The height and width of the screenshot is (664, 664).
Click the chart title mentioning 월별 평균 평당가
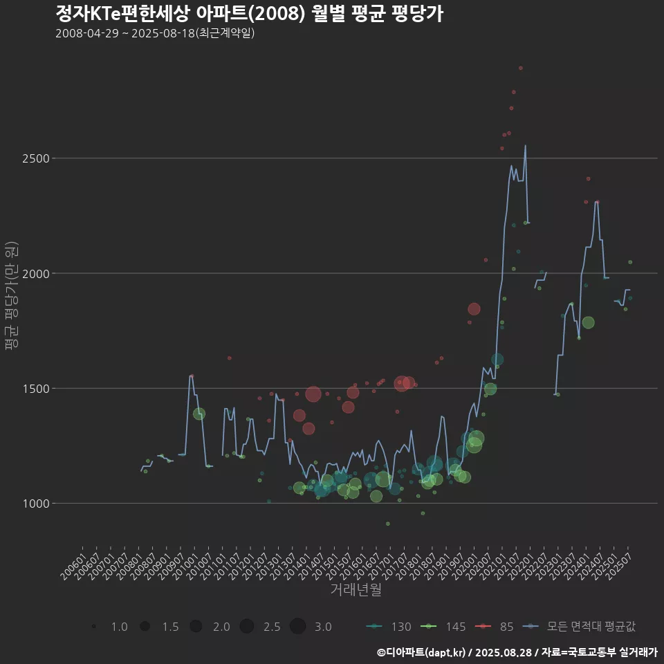(249, 13)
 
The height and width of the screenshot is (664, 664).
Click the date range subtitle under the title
(155, 33)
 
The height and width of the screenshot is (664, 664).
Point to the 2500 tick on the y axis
(35, 158)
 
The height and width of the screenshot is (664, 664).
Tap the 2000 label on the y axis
(35, 273)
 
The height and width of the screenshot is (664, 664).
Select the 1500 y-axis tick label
(35, 389)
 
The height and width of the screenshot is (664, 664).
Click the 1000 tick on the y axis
(35, 504)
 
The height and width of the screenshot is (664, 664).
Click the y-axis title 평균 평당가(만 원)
(11, 297)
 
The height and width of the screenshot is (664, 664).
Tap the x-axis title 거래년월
(356, 589)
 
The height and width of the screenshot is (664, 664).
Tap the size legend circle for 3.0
(298, 627)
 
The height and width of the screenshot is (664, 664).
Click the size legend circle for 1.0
(93, 627)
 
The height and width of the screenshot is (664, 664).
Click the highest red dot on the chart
(521, 68)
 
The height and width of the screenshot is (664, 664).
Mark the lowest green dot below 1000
(388, 524)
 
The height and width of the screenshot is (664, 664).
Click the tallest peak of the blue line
(526, 145)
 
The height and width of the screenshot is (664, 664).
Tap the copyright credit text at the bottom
(517, 652)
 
